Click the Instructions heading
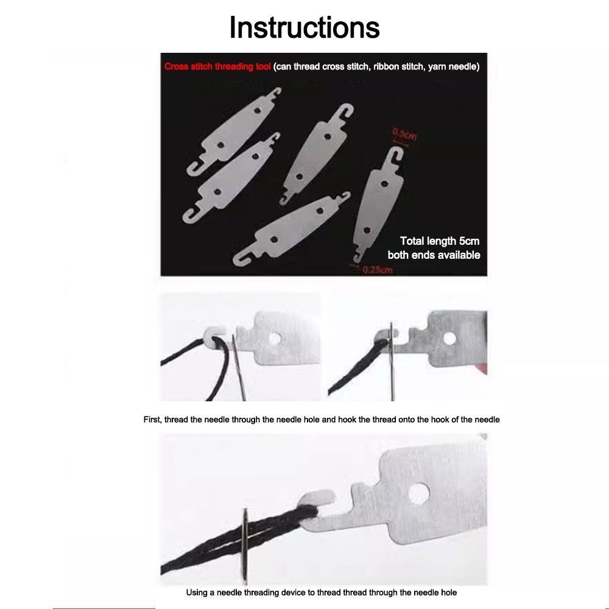pyautogui.click(x=304, y=27)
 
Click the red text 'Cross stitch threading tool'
pyautogui.click(x=217, y=66)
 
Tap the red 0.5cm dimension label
pyautogui.click(x=404, y=135)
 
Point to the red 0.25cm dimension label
pyautogui.click(x=378, y=270)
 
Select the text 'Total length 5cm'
pyautogui.click(x=440, y=241)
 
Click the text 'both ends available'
pyautogui.click(x=434, y=255)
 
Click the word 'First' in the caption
pyautogui.click(x=152, y=420)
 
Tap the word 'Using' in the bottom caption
pyautogui.click(x=197, y=593)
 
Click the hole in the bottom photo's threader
pyautogui.click(x=419, y=493)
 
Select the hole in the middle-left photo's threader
pyautogui.click(x=275, y=339)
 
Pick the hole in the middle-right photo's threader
pyautogui.click(x=450, y=338)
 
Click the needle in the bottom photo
pyautogui.click(x=245, y=546)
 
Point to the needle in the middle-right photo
pyautogui.click(x=392, y=361)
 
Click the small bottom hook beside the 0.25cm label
pyautogui.click(x=358, y=258)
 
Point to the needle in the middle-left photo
pyautogui.click(x=239, y=367)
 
